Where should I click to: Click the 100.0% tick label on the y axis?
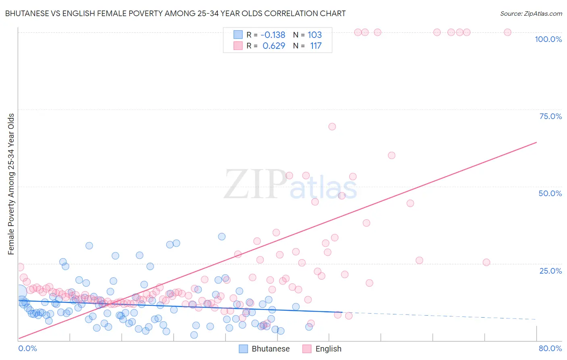pyautogui.click(x=548, y=39)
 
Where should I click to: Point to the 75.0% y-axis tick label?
pyautogui.click(x=550, y=116)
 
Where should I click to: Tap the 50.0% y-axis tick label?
pyautogui.click(x=550, y=193)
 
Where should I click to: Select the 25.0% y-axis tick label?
pyautogui.click(x=550, y=271)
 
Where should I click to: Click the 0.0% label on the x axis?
pyautogui.click(x=27, y=348)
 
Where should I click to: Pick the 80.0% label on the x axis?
pyautogui.click(x=550, y=348)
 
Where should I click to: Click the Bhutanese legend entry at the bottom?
pyautogui.click(x=265, y=349)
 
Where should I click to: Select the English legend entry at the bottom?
pyautogui.click(x=322, y=349)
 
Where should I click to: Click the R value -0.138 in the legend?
pyautogui.click(x=273, y=35)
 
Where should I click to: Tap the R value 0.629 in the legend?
pyautogui.click(x=274, y=46)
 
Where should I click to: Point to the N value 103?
pyautogui.click(x=315, y=35)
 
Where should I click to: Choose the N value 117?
pyautogui.click(x=316, y=46)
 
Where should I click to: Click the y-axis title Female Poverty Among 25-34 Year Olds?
pyautogui.click(x=11, y=184)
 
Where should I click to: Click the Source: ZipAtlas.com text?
pyautogui.click(x=531, y=14)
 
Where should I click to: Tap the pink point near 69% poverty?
pyautogui.click(x=332, y=127)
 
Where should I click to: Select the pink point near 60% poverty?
pyautogui.click(x=391, y=155)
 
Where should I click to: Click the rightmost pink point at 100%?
pyautogui.click(x=507, y=32)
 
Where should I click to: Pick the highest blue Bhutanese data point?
pyautogui.click(x=221, y=237)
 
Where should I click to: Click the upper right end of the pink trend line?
pyautogui.click(x=536, y=142)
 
